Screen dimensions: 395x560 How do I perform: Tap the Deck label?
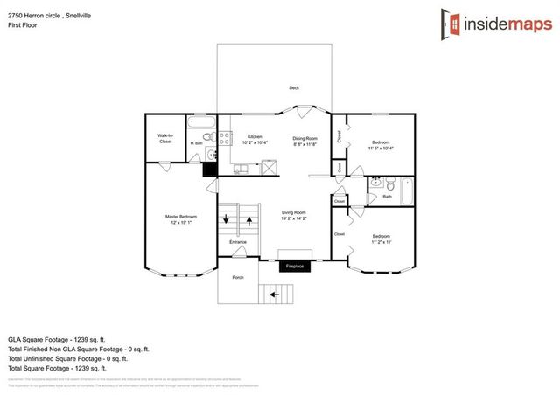point(294,88)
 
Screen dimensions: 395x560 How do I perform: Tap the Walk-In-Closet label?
point(164,138)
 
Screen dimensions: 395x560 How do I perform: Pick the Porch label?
point(237,277)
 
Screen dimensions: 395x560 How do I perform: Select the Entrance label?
point(237,242)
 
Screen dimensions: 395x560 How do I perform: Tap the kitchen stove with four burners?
point(224,137)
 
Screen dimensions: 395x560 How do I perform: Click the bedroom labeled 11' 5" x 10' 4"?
point(380,144)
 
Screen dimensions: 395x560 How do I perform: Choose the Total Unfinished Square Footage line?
point(68,358)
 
